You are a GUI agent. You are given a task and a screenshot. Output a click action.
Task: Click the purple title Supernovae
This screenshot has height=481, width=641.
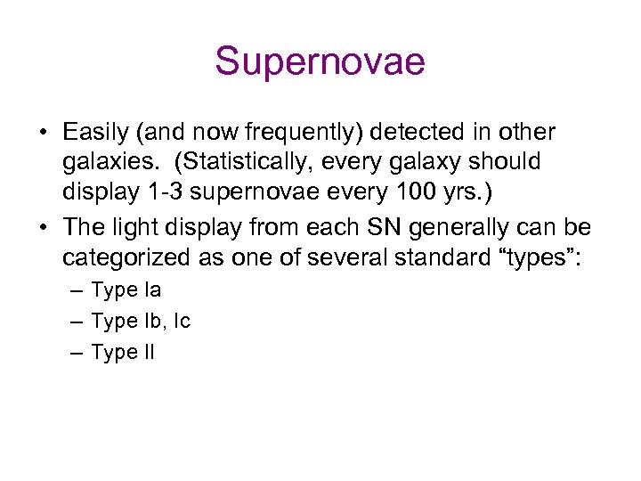(x=320, y=62)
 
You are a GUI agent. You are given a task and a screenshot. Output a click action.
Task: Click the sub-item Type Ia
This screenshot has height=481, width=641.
(x=126, y=290)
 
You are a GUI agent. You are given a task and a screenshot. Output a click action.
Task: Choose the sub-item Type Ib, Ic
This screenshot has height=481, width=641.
(x=141, y=322)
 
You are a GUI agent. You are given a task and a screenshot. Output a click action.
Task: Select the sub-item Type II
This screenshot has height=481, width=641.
(x=123, y=353)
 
